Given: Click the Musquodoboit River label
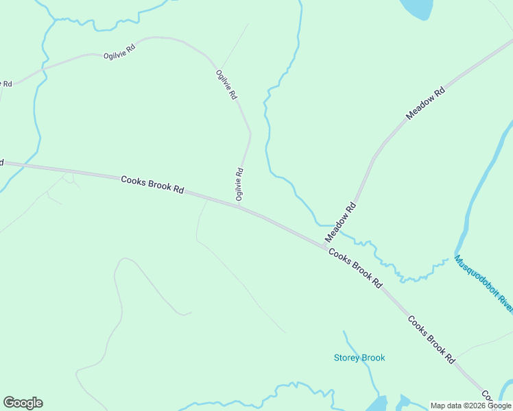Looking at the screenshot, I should [484, 284].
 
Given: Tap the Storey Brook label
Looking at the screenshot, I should [359, 358].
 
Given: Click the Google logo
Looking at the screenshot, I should [23, 403].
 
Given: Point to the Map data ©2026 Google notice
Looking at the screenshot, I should [470, 406].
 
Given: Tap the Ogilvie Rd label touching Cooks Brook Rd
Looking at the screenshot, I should [239, 184].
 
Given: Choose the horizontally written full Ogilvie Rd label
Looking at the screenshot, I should [120, 53].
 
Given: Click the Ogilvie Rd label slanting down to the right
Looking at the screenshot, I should [226, 86].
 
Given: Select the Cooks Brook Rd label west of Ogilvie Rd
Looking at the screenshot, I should [152, 184].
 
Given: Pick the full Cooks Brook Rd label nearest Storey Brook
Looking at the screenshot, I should [431, 339].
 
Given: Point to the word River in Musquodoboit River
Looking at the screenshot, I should [504, 303].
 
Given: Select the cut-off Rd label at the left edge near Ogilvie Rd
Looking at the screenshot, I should [5, 84].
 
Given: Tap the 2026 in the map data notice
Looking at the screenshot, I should [475, 406].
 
